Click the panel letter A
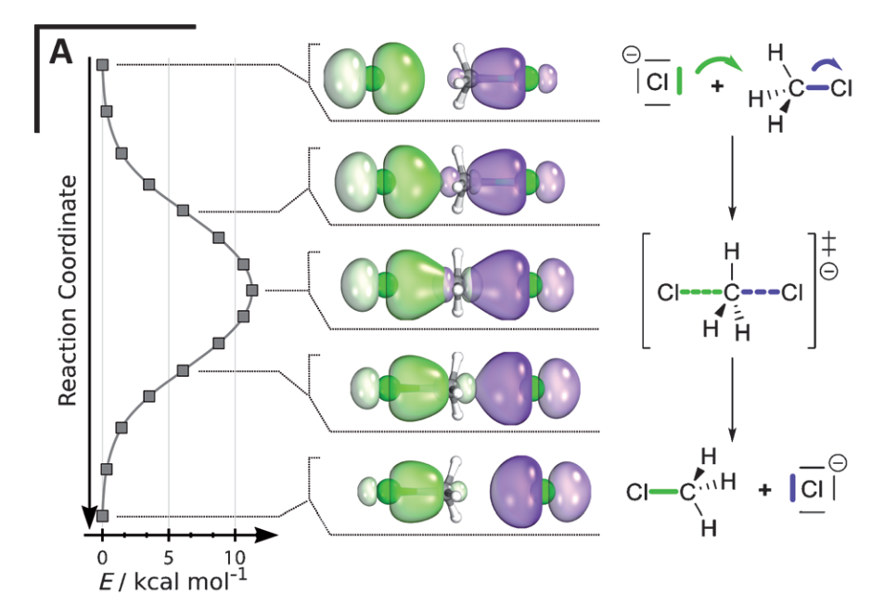tap(60, 52)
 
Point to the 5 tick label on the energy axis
tap(169, 557)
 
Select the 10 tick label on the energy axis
tap(236, 557)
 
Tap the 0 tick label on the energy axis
tap(103, 557)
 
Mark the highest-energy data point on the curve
tap(251, 290)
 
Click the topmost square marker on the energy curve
tap(103, 64)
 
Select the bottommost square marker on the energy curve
tap(103, 515)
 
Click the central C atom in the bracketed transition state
tap(733, 294)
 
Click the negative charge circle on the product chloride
tap(837, 462)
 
